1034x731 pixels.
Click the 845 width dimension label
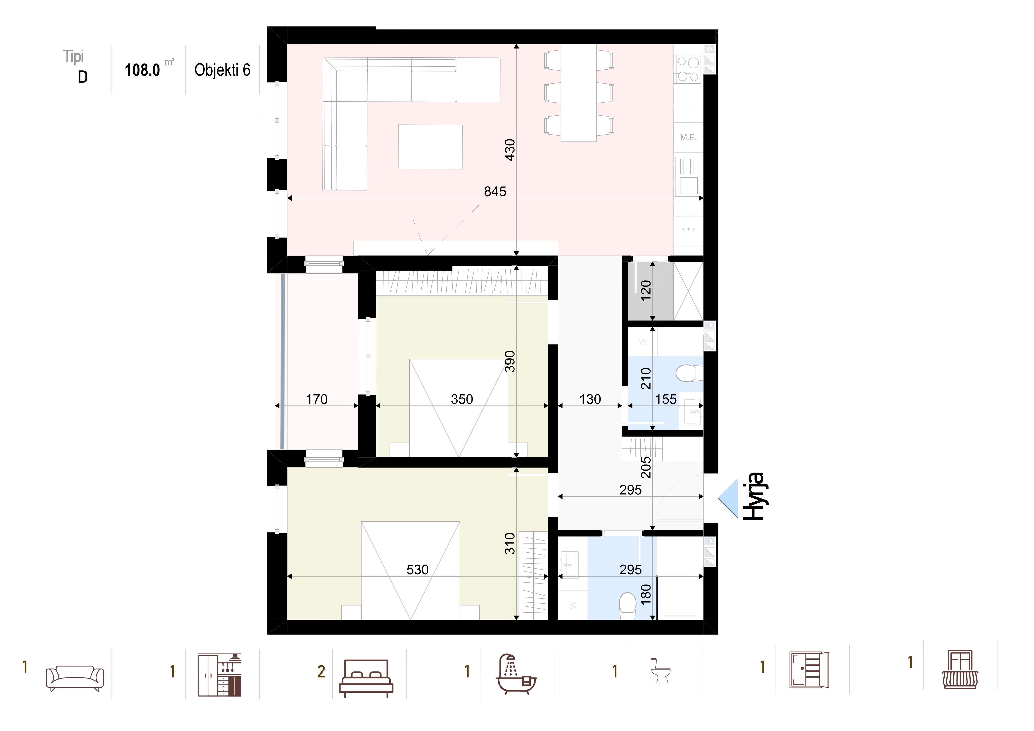tap(495, 192)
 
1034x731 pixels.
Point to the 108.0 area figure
tap(142, 70)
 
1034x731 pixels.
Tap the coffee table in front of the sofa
tap(430, 147)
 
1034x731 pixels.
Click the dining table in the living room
tap(578, 93)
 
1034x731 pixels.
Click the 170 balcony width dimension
tap(317, 399)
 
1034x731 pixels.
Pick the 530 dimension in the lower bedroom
tap(417, 570)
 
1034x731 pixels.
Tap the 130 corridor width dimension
tap(590, 399)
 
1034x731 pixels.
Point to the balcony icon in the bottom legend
tap(960, 669)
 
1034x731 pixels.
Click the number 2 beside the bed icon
tap(321, 672)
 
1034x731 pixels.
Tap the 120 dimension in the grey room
tap(646, 290)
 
